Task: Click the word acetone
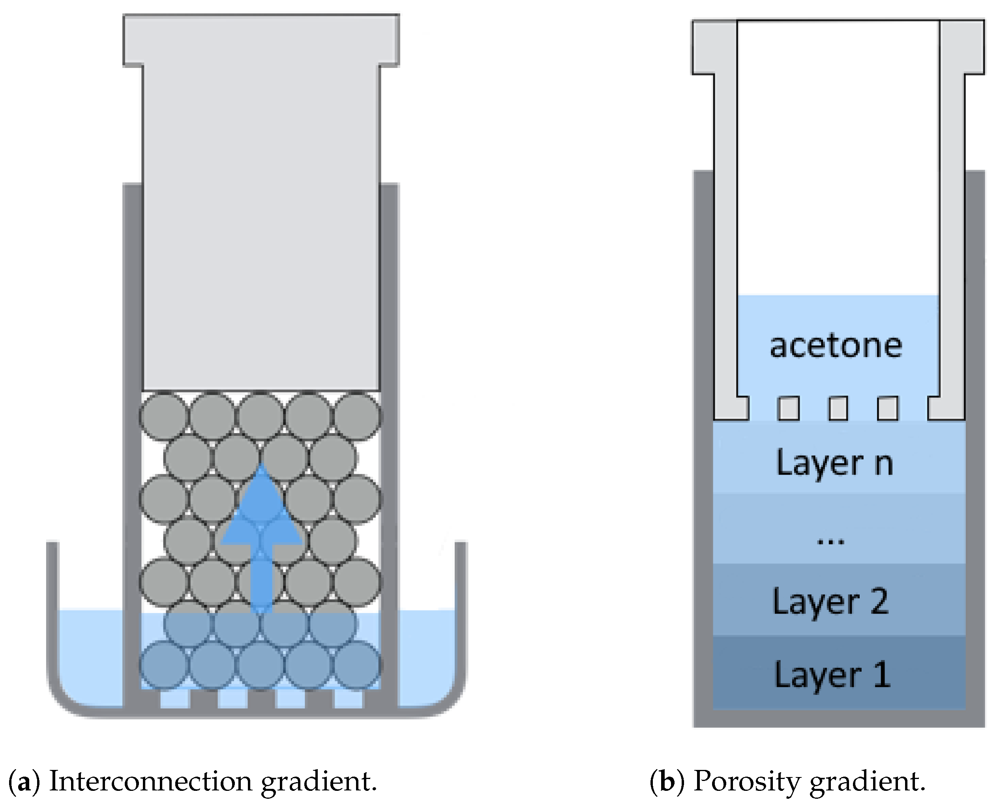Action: [836, 346]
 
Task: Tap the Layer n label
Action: [834, 463]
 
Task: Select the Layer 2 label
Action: [831, 602]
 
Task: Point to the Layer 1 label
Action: [832, 675]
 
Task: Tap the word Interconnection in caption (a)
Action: [150, 781]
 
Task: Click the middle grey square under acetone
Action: [838, 408]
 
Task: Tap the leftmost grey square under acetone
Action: [788, 408]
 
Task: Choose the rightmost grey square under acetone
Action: [888, 408]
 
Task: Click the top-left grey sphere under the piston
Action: [164, 416]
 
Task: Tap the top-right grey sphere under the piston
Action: [357, 416]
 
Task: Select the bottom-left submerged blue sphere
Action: [164, 664]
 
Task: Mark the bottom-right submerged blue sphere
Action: [357, 664]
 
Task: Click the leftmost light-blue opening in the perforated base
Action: [175, 699]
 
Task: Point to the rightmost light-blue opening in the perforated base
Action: [349, 699]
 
